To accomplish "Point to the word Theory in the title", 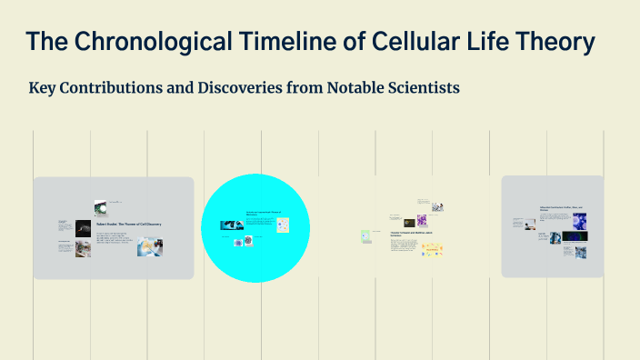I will coord(556,42).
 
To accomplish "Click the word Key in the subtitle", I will coord(44,88).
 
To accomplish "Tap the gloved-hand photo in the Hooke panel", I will coord(150,246).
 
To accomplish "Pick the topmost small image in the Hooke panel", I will coord(101,206).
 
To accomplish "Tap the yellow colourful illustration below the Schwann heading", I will coord(431,249).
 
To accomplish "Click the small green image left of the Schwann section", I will coord(365,235).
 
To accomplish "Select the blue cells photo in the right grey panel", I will coord(579,221).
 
